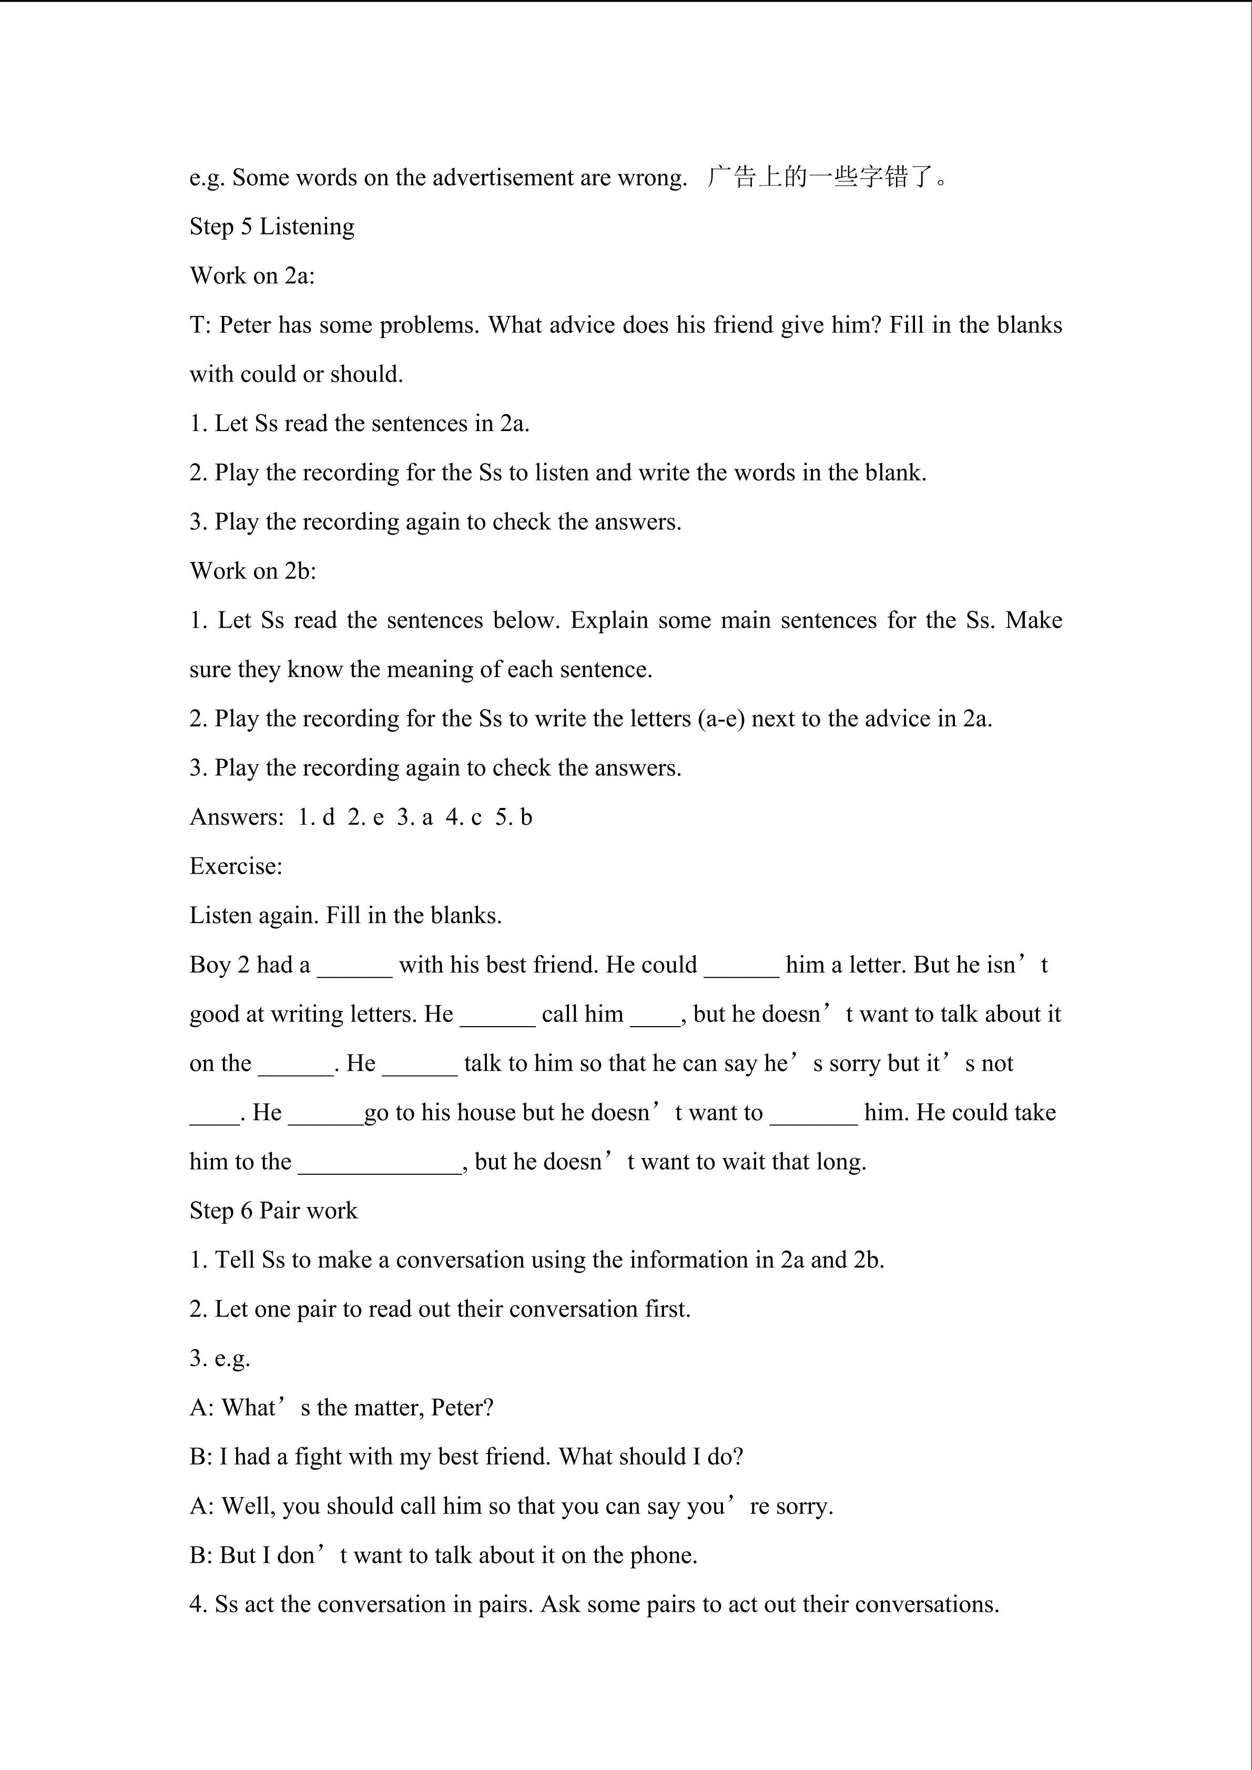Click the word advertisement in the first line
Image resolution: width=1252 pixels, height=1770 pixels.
pos(503,178)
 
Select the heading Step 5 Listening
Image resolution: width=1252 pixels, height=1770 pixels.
pos(272,227)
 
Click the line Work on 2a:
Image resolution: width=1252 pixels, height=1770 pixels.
pos(252,276)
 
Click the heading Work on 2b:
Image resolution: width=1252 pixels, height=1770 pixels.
pos(253,571)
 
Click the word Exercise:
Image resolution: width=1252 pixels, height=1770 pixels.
pos(236,866)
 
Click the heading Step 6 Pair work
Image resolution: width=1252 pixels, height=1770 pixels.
pos(273,1211)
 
